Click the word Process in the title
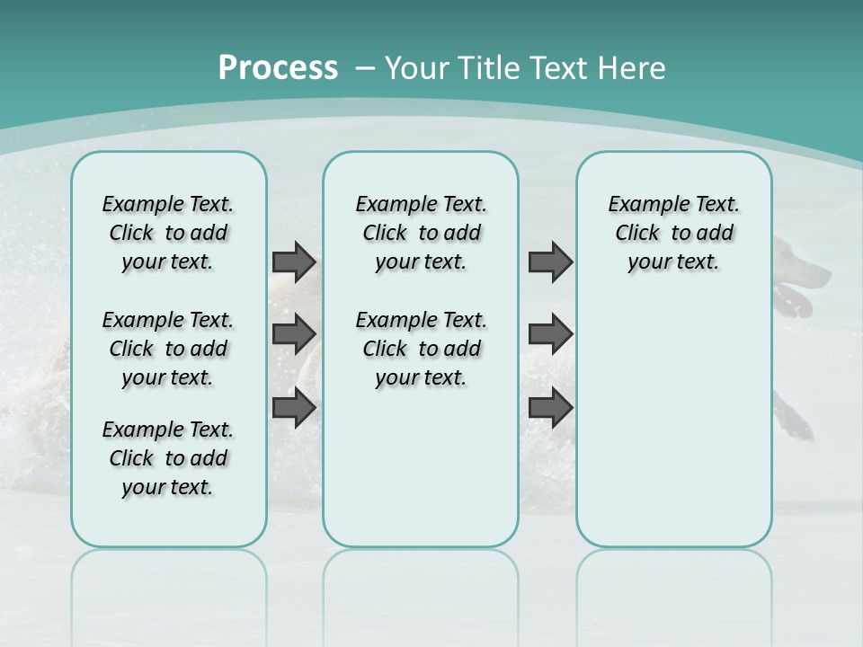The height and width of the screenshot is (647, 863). point(278,68)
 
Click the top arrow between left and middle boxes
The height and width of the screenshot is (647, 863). point(294,262)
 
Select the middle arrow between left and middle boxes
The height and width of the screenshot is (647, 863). point(294,334)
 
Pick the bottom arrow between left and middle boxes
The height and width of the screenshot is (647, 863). point(294,408)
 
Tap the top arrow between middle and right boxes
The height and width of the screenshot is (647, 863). point(550,262)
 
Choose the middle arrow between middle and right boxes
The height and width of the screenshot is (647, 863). point(550,334)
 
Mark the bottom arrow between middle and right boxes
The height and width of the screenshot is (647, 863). point(550,408)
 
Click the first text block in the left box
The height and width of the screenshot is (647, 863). point(168,233)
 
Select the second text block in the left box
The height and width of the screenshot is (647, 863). point(168,349)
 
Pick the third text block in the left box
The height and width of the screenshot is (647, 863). point(168,458)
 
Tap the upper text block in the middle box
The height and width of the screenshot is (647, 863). point(421,233)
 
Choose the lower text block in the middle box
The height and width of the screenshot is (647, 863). point(421,349)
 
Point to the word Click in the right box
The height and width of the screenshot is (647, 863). point(637,234)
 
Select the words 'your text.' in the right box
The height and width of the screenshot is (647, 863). point(673,262)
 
